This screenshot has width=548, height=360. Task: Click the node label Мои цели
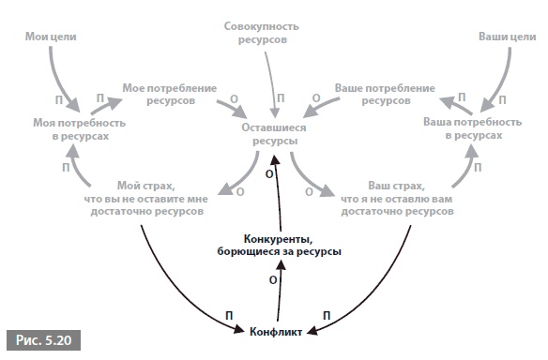pos(51,37)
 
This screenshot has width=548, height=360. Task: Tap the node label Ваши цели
pos(507,37)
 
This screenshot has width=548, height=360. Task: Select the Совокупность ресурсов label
pos(262,33)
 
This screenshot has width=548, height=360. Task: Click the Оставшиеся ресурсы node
pos(274,134)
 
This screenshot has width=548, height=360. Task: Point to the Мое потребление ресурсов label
pos(170,95)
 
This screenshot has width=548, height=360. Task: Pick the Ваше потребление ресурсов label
pos(385,95)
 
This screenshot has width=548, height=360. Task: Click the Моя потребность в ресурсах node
pos(80,129)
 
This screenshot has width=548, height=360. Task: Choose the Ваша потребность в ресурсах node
pos(473,128)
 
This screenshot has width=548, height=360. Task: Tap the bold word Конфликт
pos(276,332)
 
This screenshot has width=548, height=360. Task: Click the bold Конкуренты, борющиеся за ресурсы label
pos(279,246)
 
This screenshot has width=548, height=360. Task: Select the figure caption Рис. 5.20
pos(44,340)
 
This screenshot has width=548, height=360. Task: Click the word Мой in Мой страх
pos(126,186)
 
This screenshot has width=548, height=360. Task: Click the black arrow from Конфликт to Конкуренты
pos(280,291)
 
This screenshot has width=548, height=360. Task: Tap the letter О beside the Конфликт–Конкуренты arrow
pos(273,280)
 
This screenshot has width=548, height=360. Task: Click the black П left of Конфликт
pos(229,316)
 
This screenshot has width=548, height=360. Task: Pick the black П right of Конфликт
pos(327,316)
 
